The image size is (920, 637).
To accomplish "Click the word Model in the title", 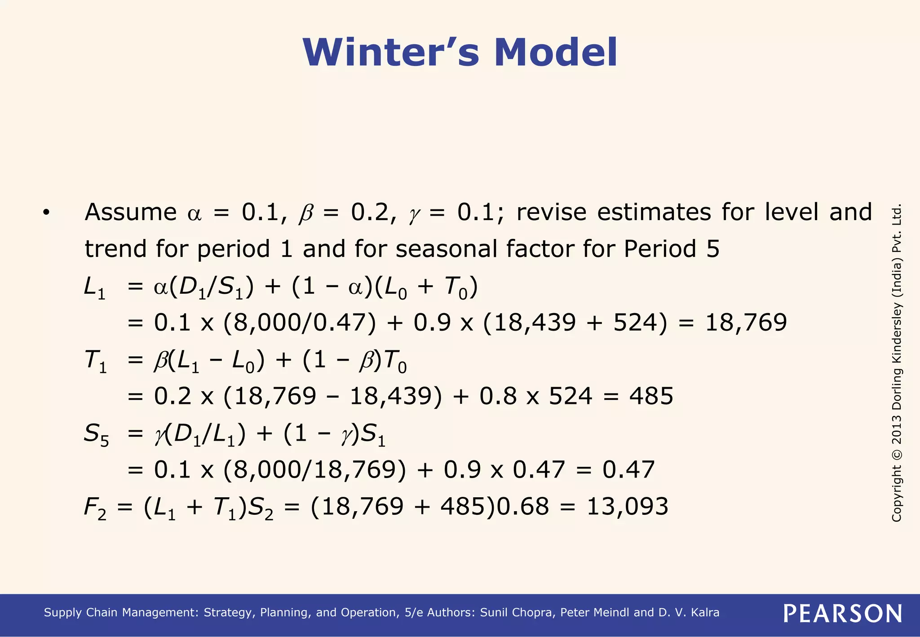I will pos(556,53).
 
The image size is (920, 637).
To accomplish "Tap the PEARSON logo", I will pos(842,613).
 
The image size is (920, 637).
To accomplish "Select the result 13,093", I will pos(628,506).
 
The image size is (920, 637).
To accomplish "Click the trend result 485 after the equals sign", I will pos(651,396).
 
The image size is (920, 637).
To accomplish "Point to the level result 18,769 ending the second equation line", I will pos(746,323).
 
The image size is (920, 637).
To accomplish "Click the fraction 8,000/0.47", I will pos(300,323).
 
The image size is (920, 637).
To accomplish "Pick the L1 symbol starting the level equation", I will pos(95,288).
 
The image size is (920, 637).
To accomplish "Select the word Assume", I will pos(131,212).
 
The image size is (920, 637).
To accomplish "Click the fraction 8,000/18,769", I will pos(315,470).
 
